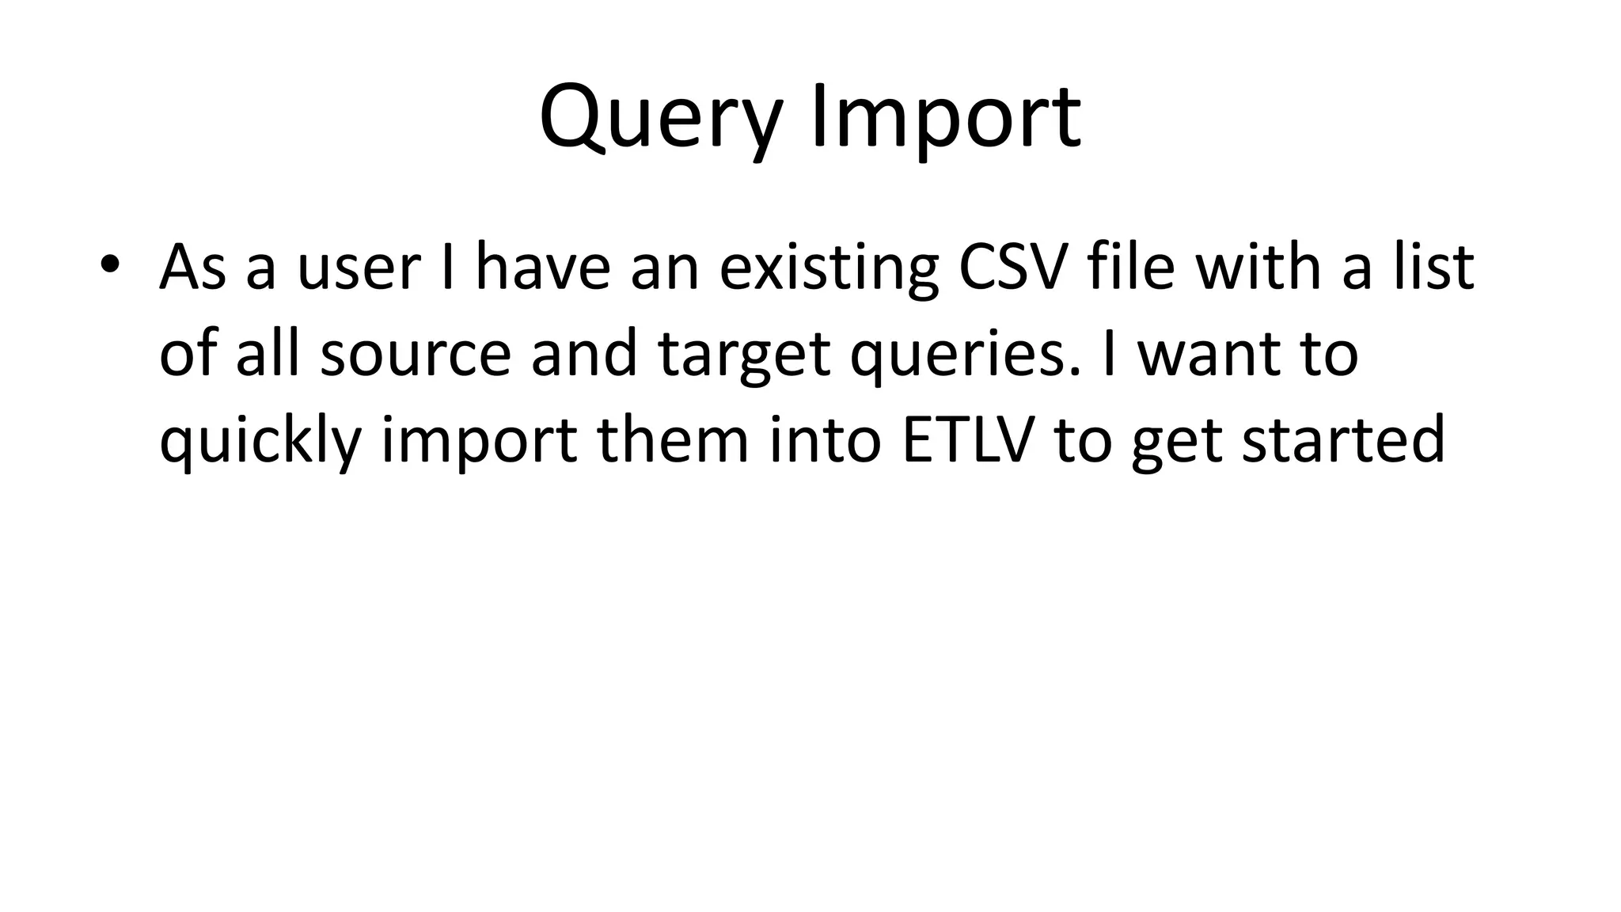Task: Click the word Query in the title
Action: (661, 117)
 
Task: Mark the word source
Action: (416, 354)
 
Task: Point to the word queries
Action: (963, 354)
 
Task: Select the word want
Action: (1207, 354)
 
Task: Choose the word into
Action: (825, 440)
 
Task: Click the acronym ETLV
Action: (967, 440)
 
